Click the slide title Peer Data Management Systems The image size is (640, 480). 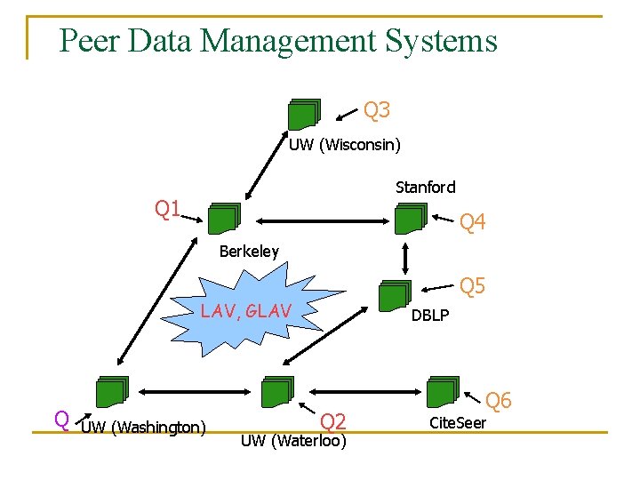click(277, 41)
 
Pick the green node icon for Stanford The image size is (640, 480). click(411, 219)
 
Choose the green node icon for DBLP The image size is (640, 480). click(394, 295)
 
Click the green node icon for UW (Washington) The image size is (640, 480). click(113, 391)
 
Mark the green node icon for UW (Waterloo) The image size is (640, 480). click(277, 392)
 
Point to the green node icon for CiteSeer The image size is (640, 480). click(443, 390)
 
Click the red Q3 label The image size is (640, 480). click(377, 110)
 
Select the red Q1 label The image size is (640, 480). click(168, 210)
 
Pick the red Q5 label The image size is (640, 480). click(472, 285)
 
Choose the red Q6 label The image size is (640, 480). click(498, 401)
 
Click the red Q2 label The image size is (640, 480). click(332, 421)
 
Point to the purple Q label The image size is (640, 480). click(61, 419)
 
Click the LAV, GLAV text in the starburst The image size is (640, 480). click(245, 311)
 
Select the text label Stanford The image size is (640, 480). click(425, 188)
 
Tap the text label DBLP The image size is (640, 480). click(429, 316)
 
